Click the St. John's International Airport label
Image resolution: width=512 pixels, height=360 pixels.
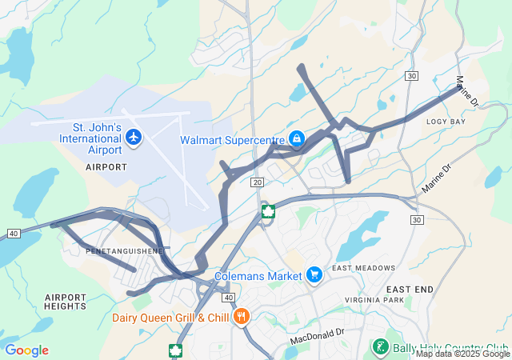pos(90,138)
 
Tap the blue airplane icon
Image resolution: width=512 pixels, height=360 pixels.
pos(134,138)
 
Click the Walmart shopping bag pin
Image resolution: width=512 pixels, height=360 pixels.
pos(297,139)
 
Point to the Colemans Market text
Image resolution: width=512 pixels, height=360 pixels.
pos(257,277)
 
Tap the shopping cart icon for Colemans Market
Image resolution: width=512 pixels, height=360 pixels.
pos(314,275)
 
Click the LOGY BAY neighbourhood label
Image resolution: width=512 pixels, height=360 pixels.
pos(446,122)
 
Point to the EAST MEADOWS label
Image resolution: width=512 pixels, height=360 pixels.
pos(364,268)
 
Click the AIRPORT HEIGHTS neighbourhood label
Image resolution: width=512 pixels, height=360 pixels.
pos(66,301)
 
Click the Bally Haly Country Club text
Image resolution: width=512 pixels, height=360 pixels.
pos(446,346)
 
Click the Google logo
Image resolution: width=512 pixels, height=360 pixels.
pos(26,350)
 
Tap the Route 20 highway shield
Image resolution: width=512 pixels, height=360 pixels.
pos(257,183)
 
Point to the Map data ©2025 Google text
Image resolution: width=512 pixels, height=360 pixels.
pos(462,354)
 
